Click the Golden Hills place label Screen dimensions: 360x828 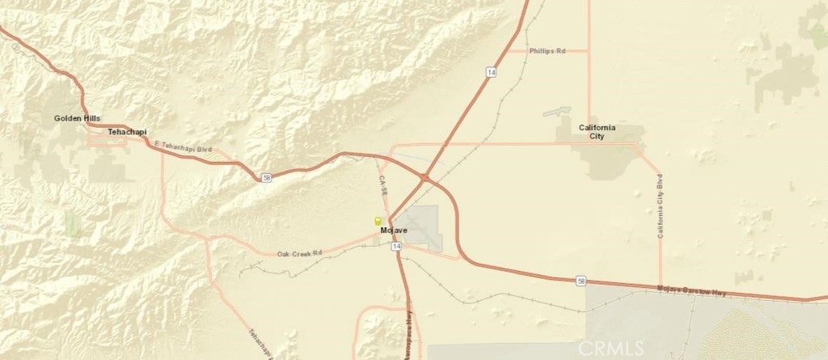(x=78, y=118)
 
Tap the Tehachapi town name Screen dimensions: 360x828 (x=127, y=130)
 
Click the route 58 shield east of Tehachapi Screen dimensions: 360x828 (x=267, y=177)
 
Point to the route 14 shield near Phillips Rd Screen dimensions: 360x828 (x=491, y=72)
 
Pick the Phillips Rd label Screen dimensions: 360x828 (x=547, y=51)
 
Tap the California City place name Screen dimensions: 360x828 (x=598, y=132)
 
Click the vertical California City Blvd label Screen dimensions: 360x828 (x=660, y=205)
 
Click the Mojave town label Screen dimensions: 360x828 (x=394, y=231)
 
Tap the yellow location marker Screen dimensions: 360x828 (x=377, y=221)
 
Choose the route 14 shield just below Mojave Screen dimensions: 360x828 (x=397, y=246)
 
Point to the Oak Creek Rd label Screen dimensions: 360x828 (x=299, y=253)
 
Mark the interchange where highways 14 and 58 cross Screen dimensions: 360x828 (x=424, y=176)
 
